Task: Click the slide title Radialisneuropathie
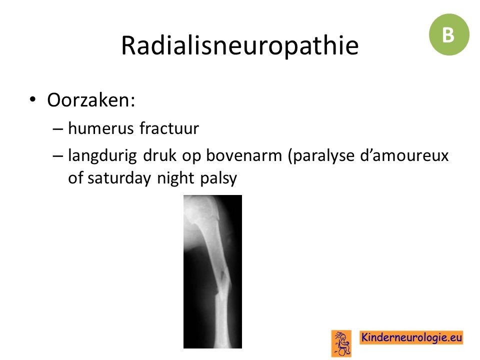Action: pos(239,45)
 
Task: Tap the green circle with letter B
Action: pos(449,34)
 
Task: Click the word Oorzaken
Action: pos(91,100)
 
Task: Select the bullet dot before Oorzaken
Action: pos(32,99)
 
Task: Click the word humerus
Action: pos(100,128)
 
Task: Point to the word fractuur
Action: pos(169,128)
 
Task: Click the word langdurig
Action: pos(102,156)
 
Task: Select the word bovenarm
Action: pos(243,155)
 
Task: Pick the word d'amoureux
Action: pos(404,155)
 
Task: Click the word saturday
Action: pos(119,178)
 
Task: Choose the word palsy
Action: pos(218,178)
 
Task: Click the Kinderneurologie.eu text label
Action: pos(411,337)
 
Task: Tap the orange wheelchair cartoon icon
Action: pos(341,343)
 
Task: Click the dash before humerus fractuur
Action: pos(57,129)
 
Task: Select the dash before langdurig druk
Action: pos(57,156)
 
